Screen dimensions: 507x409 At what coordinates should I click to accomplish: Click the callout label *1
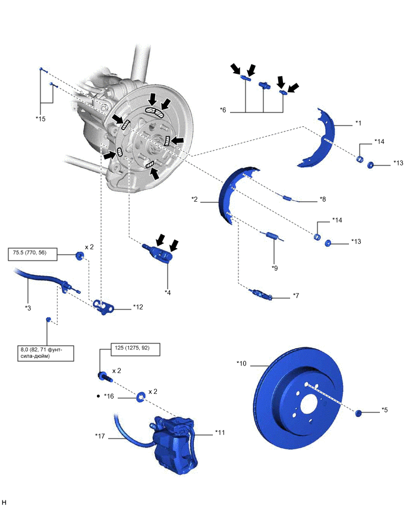pyautogui.click(x=358, y=123)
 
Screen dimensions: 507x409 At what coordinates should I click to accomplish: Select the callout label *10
pyautogui.click(x=242, y=363)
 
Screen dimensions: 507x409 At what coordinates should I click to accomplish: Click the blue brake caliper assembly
pyautogui.click(x=176, y=446)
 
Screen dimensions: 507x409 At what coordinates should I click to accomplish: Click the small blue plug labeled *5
pyautogui.click(x=360, y=412)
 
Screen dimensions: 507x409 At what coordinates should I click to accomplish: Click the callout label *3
pyautogui.click(x=29, y=308)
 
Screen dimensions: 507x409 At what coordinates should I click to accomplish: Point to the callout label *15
pyautogui.click(x=40, y=118)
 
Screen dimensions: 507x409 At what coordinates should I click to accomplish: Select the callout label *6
pyautogui.click(x=223, y=109)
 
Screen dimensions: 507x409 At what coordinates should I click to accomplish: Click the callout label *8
pyautogui.click(x=323, y=200)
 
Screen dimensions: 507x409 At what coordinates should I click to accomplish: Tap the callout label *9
pyautogui.click(x=275, y=268)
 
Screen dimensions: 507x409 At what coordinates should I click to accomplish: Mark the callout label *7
pyautogui.click(x=296, y=295)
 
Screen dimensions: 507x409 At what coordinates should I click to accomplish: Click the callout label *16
pyautogui.click(x=108, y=396)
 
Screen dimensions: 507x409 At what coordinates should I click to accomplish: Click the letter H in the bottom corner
pyautogui.click(x=5, y=502)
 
